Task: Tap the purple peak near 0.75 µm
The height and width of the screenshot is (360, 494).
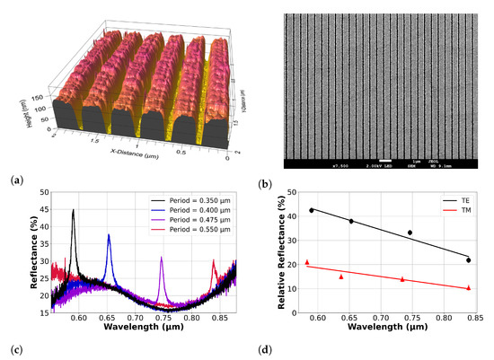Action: [162, 258]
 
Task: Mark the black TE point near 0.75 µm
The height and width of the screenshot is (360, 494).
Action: [410, 233]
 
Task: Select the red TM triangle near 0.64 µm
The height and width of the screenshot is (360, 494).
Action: [340, 277]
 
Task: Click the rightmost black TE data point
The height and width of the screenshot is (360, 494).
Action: [468, 260]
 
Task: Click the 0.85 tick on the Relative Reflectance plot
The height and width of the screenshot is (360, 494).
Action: [473, 318]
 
